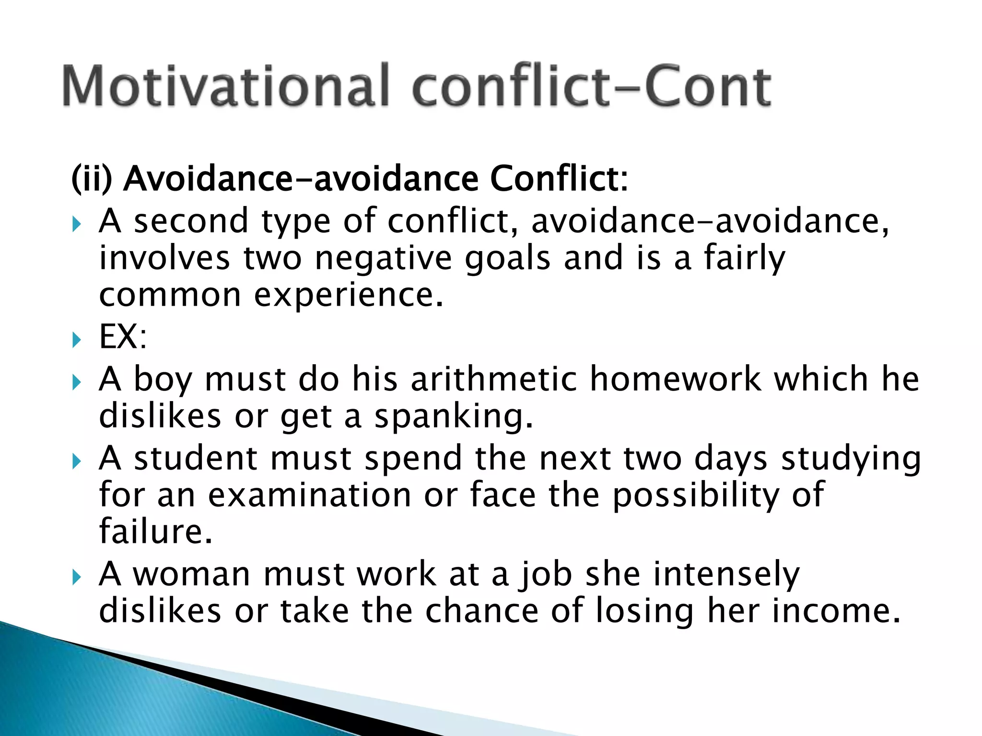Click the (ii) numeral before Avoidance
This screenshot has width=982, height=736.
pos(92,178)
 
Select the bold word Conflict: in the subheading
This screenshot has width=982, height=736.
pos(559,178)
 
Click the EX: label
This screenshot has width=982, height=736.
pos(123,337)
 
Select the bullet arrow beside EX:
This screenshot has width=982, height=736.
pos(77,340)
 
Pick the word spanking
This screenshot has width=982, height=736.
pos(454,416)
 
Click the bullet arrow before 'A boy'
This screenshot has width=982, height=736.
pos(77,382)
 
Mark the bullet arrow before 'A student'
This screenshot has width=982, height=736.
pos(77,461)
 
